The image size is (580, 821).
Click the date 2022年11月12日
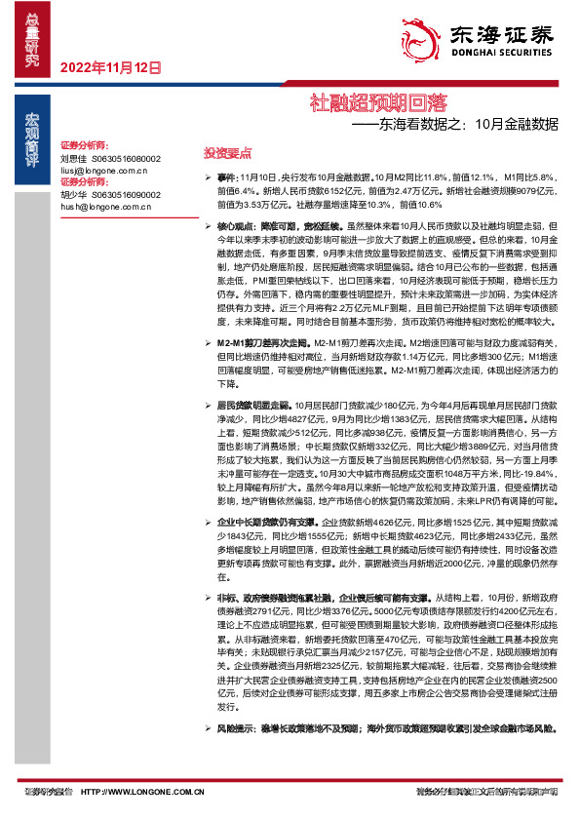click(x=110, y=67)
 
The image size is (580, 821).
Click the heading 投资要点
click(x=227, y=153)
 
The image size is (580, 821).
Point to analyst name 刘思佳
click(x=73, y=157)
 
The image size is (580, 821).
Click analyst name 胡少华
click(x=73, y=193)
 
